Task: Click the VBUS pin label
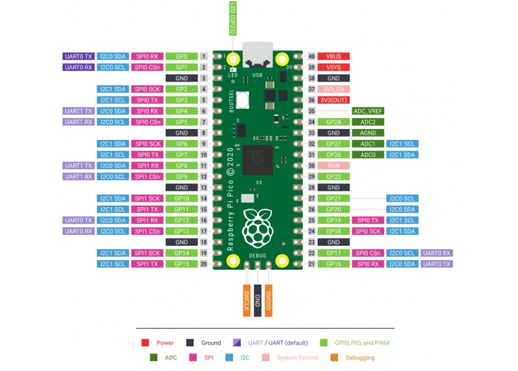click(x=333, y=56)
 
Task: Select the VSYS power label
click(x=333, y=67)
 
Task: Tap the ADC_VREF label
click(x=368, y=111)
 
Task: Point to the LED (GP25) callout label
click(x=232, y=18)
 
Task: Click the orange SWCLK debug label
click(x=247, y=300)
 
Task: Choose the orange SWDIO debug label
click(x=268, y=300)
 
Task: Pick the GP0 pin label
click(x=181, y=56)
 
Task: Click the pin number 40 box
click(x=311, y=56)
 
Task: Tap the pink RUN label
click(x=333, y=165)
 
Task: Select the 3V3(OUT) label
click(x=333, y=100)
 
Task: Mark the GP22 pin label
click(x=333, y=176)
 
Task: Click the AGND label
click(x=368, y=133)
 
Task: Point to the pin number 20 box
click(x=203, y=264)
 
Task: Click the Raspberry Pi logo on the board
click(x=258, y=228)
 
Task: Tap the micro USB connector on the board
click(x=258, y=55)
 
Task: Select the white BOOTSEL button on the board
click(x=243, y=100)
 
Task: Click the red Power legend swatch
click(x=145, y=342)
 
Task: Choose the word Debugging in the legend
click(x=360, y=357)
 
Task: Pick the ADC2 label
click(x=368, y=122)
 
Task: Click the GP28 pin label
click(x=333, y=122)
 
